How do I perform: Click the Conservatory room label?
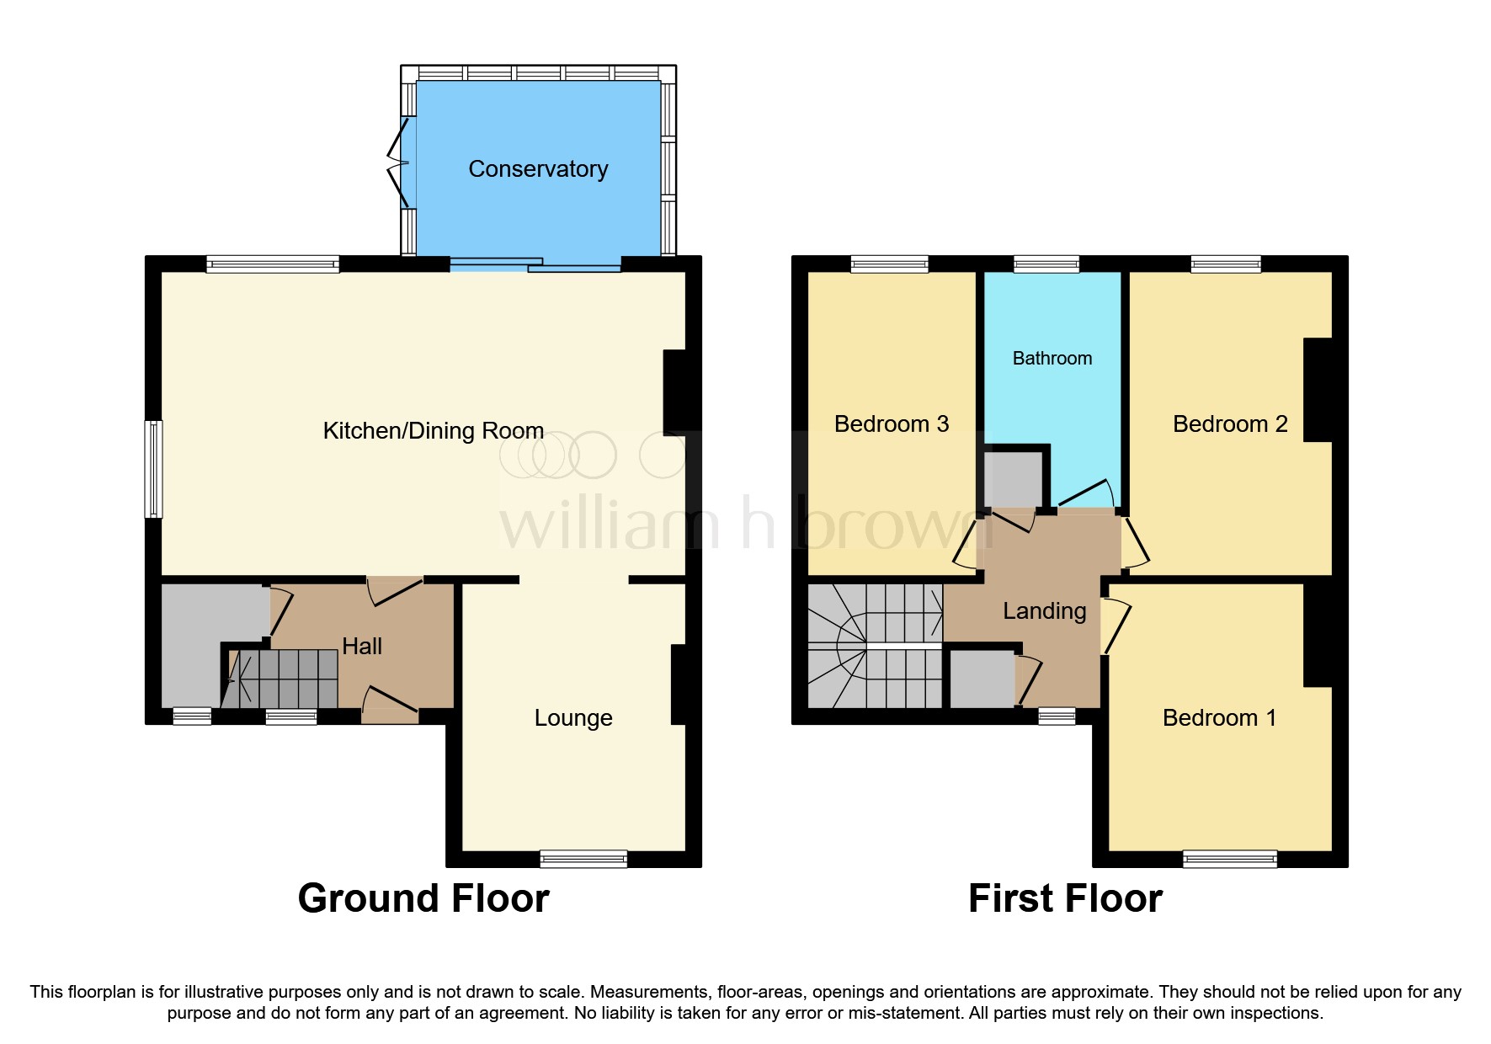point(538,169)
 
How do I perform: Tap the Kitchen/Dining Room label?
point(433,431)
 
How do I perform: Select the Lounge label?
point(573,718)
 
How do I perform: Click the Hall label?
point(362,646)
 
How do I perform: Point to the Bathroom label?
point(1052,359)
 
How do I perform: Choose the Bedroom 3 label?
point(891,424)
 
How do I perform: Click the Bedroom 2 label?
point(1229,424)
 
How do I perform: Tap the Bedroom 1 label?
point(1218,718)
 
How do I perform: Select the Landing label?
point(1044,611)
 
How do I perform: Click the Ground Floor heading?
point(423,898)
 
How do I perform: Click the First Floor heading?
point(1065,898)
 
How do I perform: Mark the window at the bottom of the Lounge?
point(583,859)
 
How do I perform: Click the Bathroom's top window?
point(1046,264)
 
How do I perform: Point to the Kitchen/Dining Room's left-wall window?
point(153,469)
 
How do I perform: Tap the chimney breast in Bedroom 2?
point(1318,390)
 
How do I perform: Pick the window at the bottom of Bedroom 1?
point(1229,859)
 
